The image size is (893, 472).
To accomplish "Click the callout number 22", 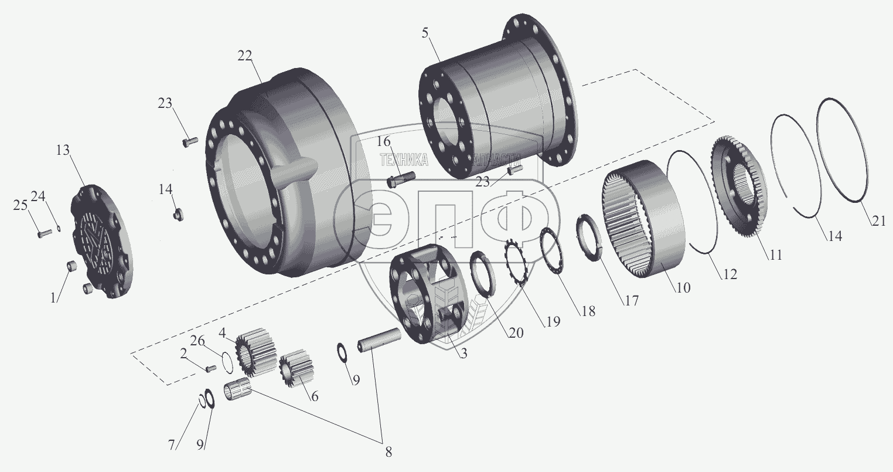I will click(x=245, y=56).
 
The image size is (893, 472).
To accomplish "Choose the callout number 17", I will click(x=630, y=301).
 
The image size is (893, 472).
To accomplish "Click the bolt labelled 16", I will click(x=401, y=177).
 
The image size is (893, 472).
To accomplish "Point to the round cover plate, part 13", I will click(x=101, y=240).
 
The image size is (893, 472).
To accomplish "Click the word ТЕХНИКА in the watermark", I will click(x=404, y=160).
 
